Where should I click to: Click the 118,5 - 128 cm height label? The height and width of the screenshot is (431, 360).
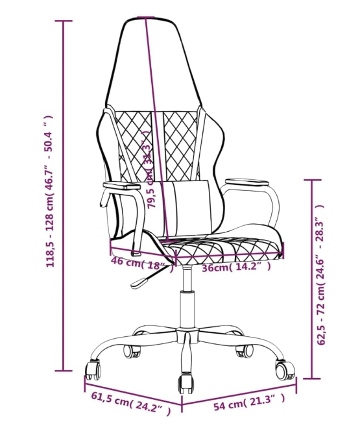point(50,191)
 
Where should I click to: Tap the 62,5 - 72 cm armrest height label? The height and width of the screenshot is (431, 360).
point(320,275)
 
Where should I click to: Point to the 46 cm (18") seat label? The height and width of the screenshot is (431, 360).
point(142,264)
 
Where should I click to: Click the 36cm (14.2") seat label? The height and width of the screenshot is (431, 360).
point(236,267)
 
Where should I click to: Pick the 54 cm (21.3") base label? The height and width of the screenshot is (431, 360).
point(249,402)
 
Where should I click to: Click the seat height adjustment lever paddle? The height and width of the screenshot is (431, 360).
point(139,283)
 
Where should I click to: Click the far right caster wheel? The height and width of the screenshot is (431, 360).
point(285,370)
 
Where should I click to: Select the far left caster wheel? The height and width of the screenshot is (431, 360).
point(93,371)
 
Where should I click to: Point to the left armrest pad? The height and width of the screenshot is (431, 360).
point(122,186)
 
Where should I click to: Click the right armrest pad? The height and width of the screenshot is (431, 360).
point(246,181)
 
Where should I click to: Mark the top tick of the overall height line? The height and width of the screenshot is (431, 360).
point(64,21)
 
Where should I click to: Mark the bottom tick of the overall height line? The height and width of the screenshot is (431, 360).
point(64,371)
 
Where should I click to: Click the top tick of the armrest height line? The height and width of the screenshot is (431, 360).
point(312,180)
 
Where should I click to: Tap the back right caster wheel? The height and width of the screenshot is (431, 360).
point(245,351)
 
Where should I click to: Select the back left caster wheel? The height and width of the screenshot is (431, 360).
point(132,351)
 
